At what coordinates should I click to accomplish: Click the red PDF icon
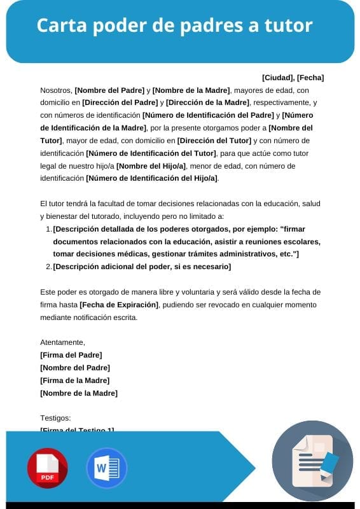(x=47, y=468)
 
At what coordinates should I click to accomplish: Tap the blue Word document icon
(x=106, y=468)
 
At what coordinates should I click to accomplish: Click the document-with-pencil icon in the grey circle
(x=312, y=460)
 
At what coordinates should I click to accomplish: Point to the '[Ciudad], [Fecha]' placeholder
(x=293, y=78)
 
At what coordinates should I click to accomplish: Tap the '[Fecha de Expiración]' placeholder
(x=118, y=305)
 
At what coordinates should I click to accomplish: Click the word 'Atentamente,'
(x=62, y=342)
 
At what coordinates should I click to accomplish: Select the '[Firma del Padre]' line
(x=71, y=355)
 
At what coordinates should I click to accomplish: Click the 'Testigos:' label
(x=56, y=418)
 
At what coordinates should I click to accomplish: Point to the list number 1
(x=48, y=229)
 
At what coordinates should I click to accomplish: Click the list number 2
(x=48, y=267)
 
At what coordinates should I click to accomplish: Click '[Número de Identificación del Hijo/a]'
(x=151, y=178)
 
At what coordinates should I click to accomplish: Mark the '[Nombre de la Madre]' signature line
(x=79, y=393)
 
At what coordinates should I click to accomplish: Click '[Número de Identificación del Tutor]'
(x=151, y=153)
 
